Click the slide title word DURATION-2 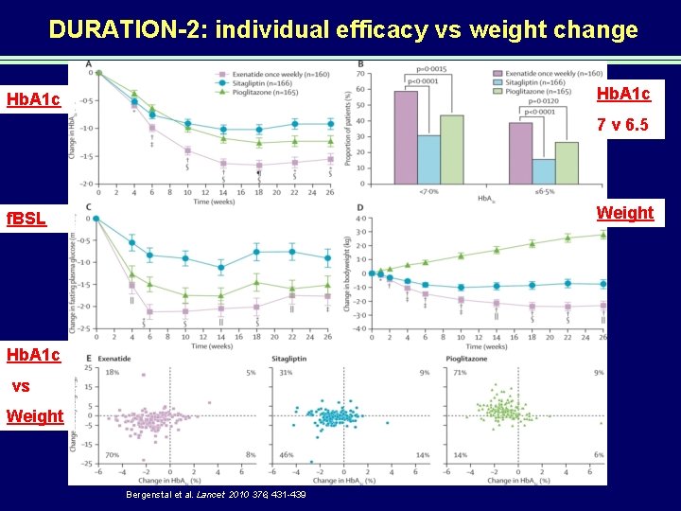[130, 30]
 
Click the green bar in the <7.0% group [451, 152]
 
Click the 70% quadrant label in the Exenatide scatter [112, 455]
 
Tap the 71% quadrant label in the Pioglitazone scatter [460, 373]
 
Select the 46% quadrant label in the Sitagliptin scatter [286, 455]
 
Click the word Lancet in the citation [211, 495]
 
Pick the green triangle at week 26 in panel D [602, 235]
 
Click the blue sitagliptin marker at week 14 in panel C [220, 268]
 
